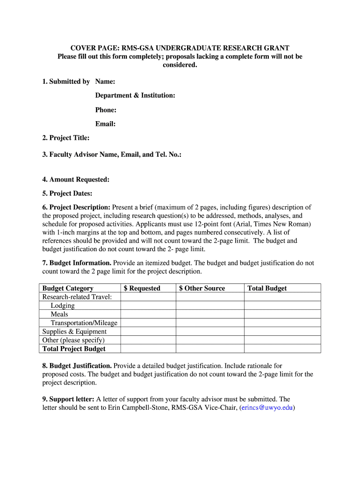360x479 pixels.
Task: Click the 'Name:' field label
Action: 105,81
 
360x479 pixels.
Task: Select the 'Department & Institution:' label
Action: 135,95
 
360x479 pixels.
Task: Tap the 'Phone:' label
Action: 106,110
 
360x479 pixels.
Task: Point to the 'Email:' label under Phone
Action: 105,124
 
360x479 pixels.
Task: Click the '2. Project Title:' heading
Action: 66,138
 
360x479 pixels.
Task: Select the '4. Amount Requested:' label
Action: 76,179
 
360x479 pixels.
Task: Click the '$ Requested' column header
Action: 142,288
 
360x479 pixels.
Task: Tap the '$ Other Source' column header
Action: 202,288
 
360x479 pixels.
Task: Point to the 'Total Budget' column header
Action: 267,288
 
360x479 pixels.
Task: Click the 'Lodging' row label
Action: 63,305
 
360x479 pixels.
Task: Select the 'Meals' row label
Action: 59,314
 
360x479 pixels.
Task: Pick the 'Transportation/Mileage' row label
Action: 84,323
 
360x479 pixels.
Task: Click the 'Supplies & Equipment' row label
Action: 74,332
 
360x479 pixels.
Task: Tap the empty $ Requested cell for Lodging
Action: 148,305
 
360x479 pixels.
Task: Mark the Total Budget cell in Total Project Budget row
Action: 282,349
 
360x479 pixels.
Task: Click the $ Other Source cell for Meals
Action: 209,314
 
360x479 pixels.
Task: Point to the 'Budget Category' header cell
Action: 68,288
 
